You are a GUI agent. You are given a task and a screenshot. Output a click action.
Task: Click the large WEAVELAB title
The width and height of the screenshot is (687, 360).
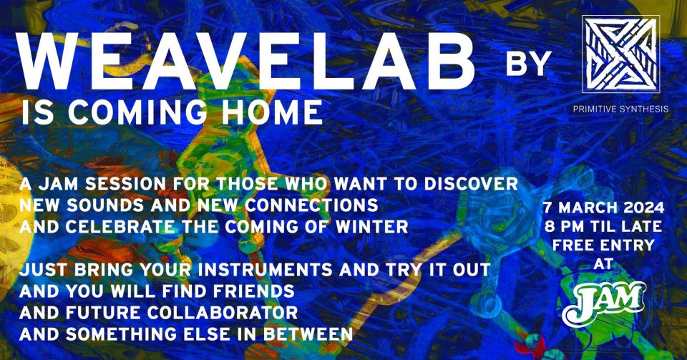[x=247, y=60]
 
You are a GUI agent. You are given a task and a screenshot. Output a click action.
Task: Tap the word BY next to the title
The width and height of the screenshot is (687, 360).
[x=528, y=64]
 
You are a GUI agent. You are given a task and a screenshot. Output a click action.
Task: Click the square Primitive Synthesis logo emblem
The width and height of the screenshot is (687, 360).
[x=621, y=54]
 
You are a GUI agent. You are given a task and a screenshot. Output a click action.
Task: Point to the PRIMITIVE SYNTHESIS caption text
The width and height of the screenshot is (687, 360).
[x=621, y=109]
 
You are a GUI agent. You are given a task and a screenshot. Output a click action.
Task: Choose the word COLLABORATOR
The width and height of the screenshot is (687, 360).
[x=223, y=313]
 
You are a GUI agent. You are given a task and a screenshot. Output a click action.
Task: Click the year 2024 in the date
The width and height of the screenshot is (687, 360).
[x=643, y=207]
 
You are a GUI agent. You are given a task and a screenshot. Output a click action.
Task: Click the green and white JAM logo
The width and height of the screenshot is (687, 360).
[x=604, y=303]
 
